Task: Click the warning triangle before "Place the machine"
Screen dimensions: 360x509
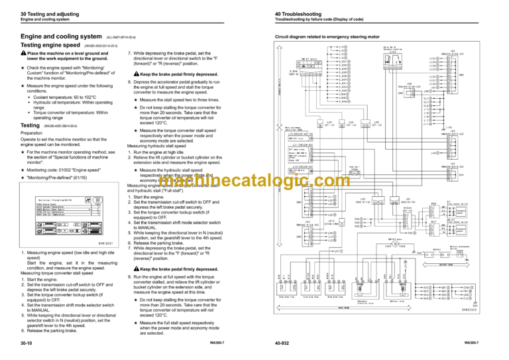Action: [x=24, y=53]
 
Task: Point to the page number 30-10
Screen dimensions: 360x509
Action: [x=29, y=343]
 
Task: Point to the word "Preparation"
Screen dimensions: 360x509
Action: [x=35, y=132]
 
